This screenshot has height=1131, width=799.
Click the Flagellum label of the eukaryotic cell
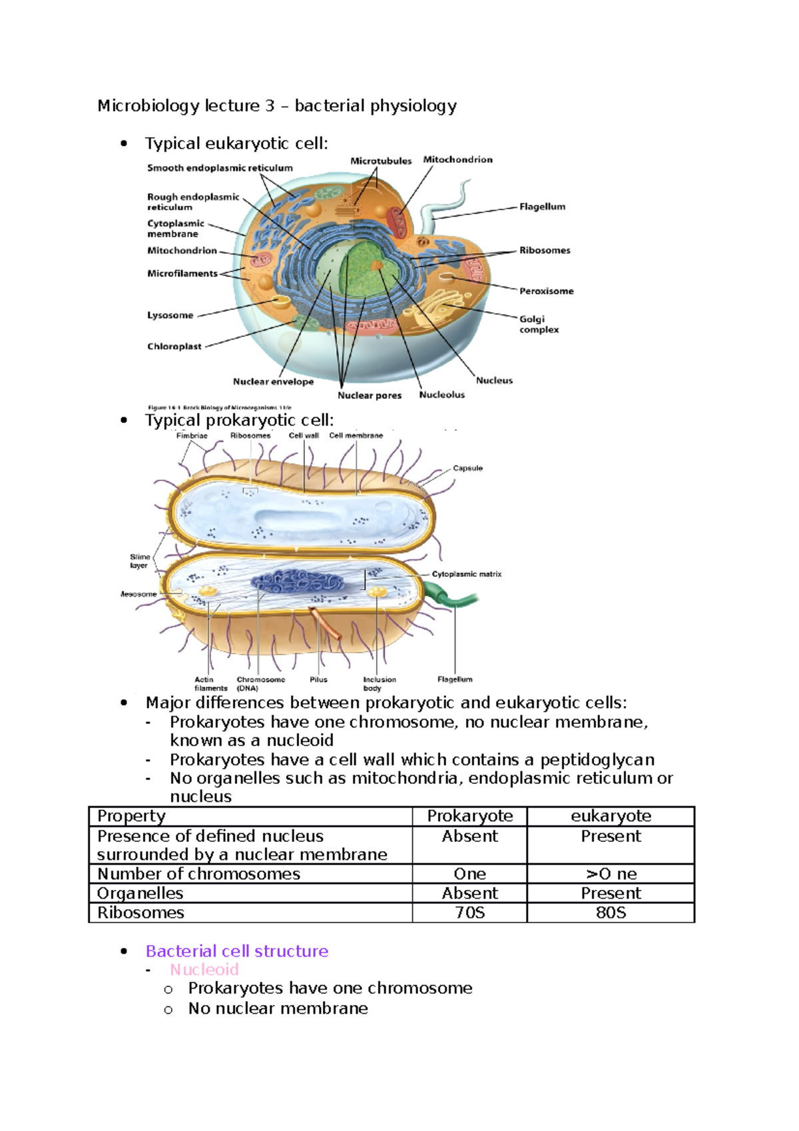point(542,206)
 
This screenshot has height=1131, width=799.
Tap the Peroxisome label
point(546,291)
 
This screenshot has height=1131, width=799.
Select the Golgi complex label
point(539,324)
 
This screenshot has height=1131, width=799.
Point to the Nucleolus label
point(441,395)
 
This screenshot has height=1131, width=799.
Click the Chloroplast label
point(174,346)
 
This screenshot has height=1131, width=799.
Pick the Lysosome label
point(170,315)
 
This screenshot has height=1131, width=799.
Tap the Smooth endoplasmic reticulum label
point(220,168)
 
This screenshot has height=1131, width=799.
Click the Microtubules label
point(381,161)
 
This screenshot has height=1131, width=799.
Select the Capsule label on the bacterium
point(467,468)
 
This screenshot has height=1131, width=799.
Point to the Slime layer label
point(140,561)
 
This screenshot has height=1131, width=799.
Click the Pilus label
point(318,679)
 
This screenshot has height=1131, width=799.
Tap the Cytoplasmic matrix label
point(466,574)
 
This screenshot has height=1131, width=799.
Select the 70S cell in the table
point(469,913)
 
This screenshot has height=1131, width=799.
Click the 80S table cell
point(611,913)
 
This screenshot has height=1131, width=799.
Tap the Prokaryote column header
point(469,816)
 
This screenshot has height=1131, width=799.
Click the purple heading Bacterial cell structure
point(237,951)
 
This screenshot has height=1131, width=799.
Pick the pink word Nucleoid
point(204,970)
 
